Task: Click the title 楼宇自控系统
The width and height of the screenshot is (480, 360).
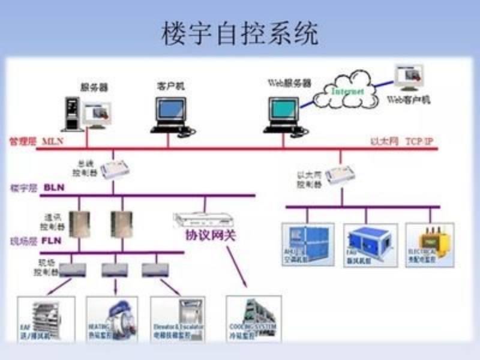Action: point(240,34)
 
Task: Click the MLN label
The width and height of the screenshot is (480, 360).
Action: point(53,142)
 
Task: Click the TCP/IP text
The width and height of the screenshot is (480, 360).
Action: point(418,142)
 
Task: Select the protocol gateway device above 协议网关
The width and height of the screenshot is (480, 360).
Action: point(192,219)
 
